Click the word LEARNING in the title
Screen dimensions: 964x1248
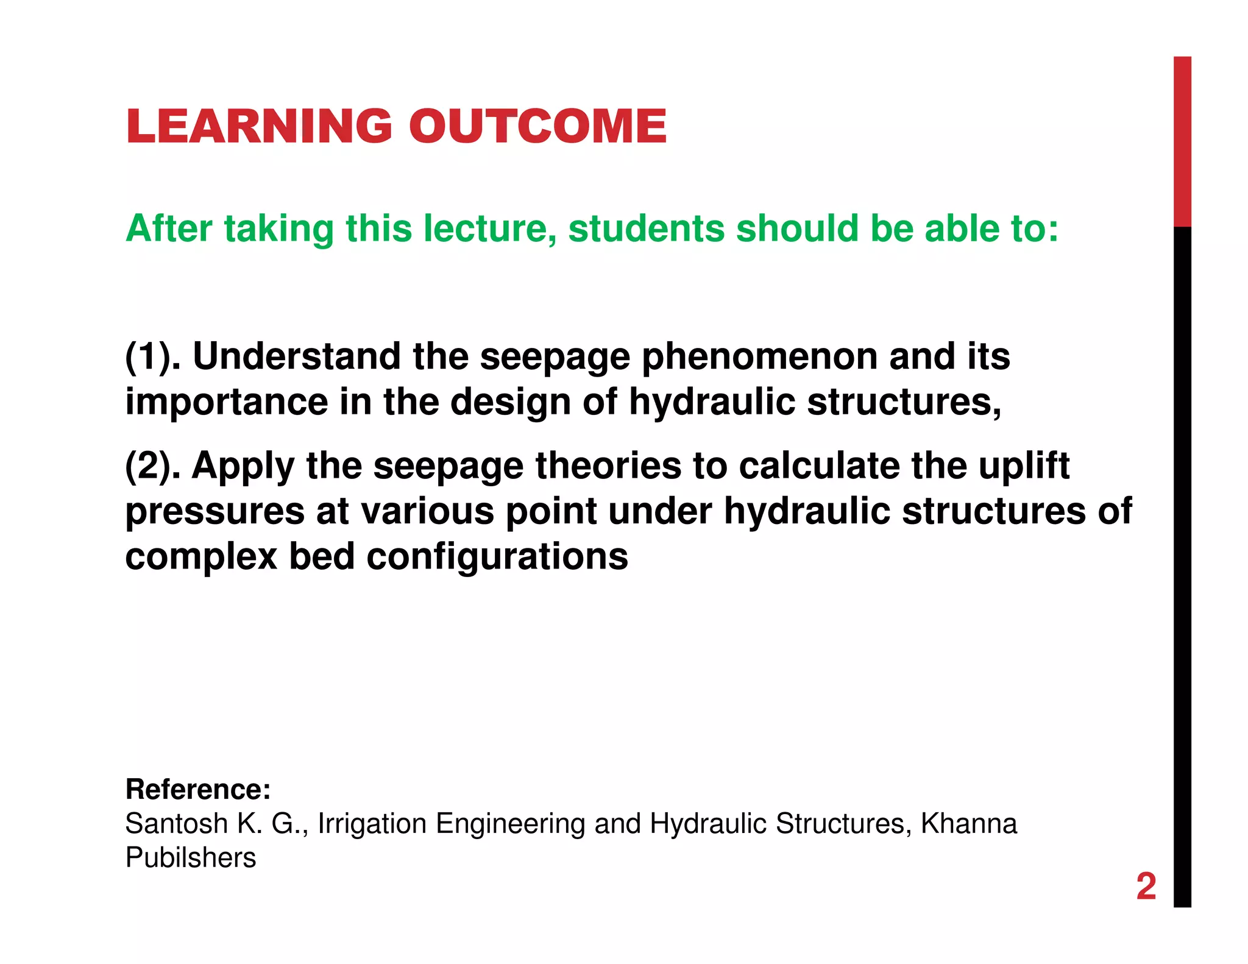pos(258,126)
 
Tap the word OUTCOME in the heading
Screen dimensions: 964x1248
pos(537,126)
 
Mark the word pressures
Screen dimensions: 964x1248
pos(214,512)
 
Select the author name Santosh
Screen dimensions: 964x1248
pos(176,824)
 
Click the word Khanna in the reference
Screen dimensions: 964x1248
pos(969,824)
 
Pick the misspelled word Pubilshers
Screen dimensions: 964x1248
pos(191,858)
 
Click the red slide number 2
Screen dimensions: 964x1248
pos(1146,887)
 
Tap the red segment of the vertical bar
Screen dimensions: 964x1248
pos(1182,141)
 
